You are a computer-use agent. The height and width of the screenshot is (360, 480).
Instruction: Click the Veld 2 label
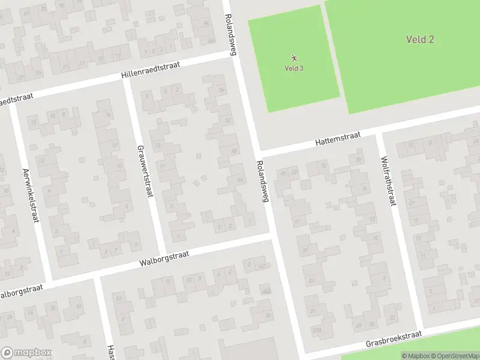pos(419,40)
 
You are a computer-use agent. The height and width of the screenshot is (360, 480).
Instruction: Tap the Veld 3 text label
pos(293,68)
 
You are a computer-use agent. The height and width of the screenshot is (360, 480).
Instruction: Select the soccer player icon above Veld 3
pos(293,58)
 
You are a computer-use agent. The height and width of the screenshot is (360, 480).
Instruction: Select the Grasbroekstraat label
pos(394,339)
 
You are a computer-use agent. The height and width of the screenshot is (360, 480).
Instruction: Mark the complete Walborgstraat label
pos(164,258)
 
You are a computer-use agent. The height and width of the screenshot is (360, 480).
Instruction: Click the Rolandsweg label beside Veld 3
pos(230,34)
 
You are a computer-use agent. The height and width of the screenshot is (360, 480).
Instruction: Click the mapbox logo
pos(26,352)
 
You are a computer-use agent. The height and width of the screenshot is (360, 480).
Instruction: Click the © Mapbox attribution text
pos(415,356)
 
